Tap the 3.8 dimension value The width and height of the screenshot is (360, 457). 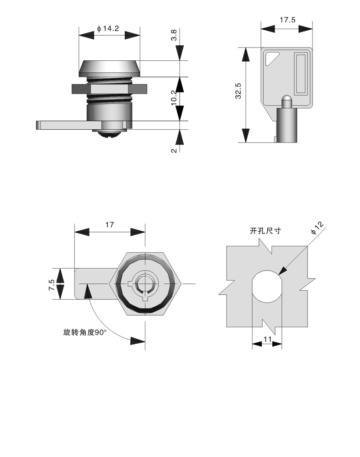click(174, 36)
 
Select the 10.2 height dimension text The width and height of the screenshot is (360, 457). click(174, 98)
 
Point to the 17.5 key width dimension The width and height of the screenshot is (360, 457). click(287, 20)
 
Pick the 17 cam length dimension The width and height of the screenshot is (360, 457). click(109, 224)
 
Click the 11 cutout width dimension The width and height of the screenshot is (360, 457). click(267, 339)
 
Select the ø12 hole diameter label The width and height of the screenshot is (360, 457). click(317, 227)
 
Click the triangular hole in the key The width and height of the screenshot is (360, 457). click(273, 58)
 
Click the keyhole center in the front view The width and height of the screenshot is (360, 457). click(145, 284)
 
